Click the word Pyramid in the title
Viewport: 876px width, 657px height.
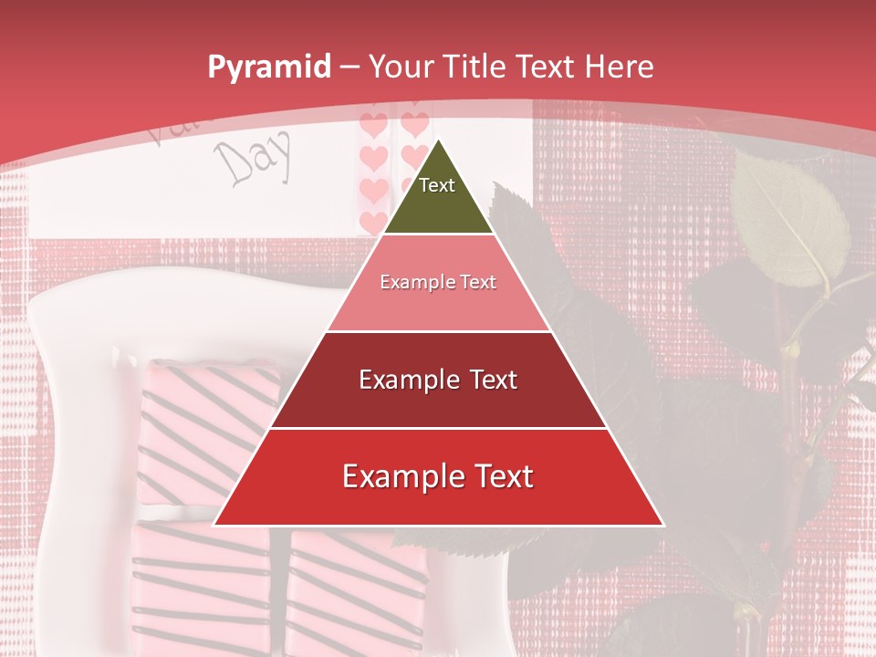click(268, 68)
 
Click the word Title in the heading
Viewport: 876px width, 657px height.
click(474, 67)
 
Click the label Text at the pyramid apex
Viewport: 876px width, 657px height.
click(437, 185)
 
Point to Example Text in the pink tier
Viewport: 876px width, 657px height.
click(438, 282)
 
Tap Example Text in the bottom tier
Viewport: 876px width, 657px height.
click(438, 476)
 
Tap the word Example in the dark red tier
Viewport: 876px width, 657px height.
click(406, 380)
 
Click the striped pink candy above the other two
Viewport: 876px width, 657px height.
click(208, 429)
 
